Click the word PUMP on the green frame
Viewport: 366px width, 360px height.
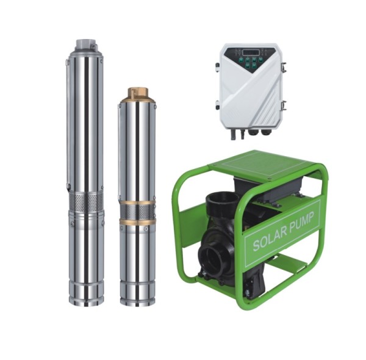301,223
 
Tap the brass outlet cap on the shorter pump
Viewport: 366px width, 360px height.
138,93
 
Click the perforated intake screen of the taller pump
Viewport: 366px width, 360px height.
86,201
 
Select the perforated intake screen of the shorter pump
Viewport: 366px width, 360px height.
137,212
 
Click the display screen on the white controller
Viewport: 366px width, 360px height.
250,52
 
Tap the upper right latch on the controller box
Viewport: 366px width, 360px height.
284,67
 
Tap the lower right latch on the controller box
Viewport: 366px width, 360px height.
284,106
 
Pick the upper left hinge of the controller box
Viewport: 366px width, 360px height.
217,68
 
